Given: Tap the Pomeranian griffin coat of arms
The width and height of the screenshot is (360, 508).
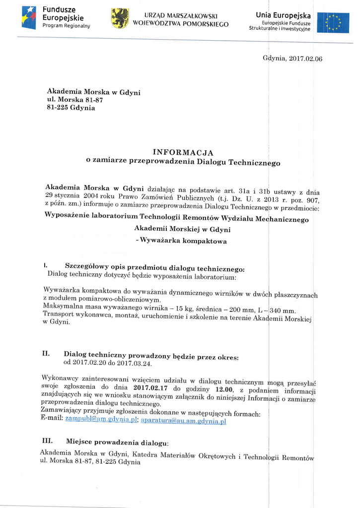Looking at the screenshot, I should [119, 18].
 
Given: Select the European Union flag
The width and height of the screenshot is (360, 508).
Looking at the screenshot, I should [333, 22].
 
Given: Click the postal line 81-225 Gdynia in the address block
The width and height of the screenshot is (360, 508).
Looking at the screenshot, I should [71, 108].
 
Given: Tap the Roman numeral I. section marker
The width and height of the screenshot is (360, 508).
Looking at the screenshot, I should [45, 266].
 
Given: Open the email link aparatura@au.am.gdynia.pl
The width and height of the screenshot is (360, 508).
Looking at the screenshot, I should [184, 421].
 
